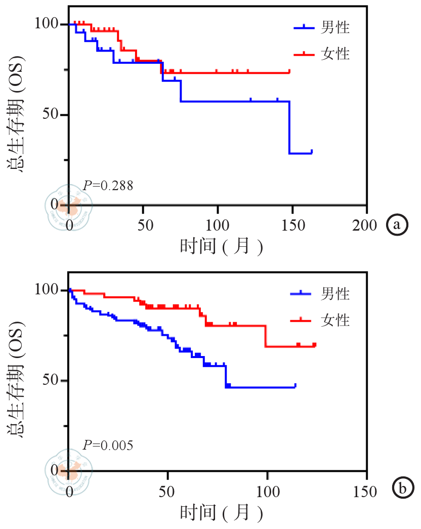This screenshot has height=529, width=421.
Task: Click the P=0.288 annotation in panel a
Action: (108, 186)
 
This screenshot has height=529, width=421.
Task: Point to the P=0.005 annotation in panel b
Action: (108, 446)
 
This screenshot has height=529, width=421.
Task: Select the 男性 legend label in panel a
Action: (335, 27)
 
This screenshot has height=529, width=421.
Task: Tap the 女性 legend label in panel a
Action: (335, 54)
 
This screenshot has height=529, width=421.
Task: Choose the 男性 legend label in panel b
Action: (335, 293)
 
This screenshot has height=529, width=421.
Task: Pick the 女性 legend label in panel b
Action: (335, 320)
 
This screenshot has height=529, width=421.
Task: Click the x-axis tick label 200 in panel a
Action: (365, 225)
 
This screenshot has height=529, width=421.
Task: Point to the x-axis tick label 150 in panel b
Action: (365, 491)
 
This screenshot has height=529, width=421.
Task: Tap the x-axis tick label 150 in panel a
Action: (291, 225)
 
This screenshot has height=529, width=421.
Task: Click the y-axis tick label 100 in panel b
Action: (48, 290)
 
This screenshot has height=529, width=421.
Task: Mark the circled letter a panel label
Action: (397, 224)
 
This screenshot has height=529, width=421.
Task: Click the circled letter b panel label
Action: (403, 489)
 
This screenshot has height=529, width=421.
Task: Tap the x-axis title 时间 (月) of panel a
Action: (221, 246)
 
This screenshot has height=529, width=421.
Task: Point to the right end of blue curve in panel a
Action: (312, 152)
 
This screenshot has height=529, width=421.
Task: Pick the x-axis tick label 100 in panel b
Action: (267, 491)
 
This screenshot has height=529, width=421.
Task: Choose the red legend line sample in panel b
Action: (301, 320)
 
